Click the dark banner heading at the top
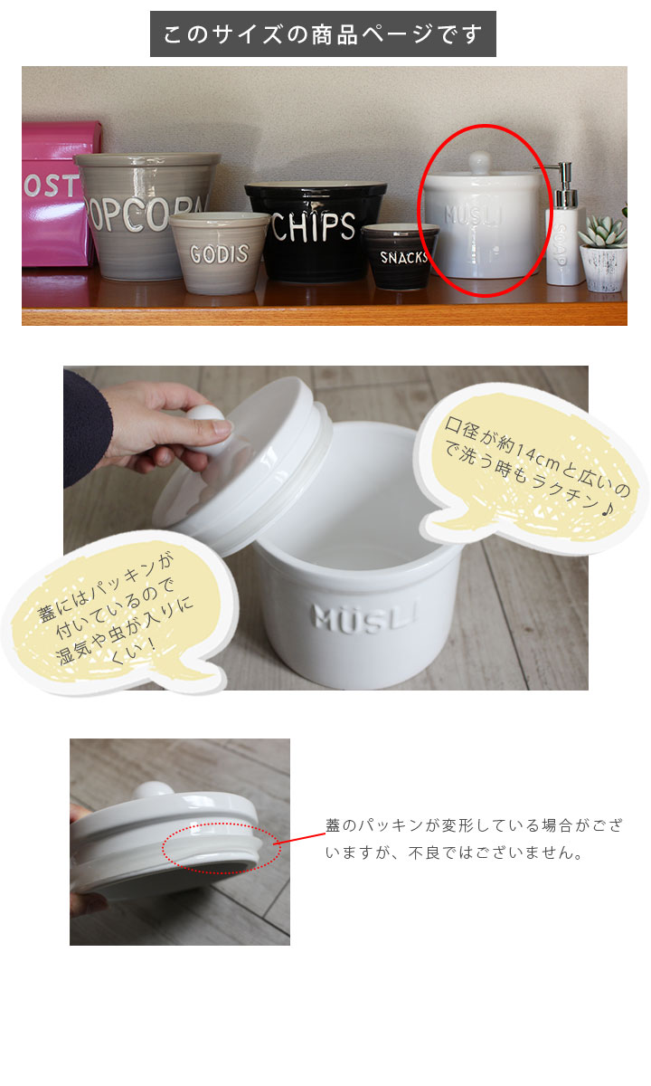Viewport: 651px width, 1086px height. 323,34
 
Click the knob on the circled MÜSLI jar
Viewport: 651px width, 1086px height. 479,160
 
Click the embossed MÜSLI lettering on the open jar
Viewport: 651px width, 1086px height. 365,617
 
